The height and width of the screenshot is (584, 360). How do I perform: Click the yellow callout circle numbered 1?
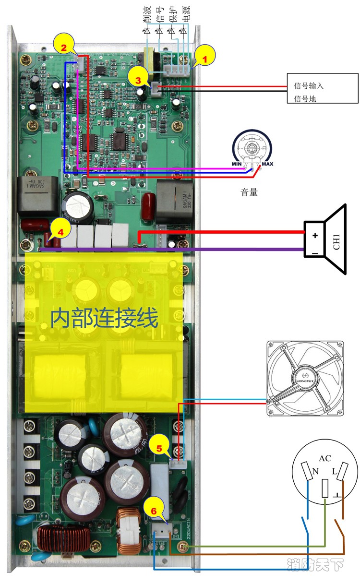204,60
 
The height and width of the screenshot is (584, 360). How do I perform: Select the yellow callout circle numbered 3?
138,80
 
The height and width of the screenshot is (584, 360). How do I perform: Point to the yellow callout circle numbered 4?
60,231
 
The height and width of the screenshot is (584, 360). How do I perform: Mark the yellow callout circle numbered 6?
154,511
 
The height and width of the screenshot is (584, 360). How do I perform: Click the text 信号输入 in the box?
309,86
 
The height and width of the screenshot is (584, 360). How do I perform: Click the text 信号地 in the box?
305,99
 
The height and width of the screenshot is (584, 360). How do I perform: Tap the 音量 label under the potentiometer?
249,192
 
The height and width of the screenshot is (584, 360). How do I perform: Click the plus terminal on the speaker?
315,235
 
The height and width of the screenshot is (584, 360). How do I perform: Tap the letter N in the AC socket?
315,472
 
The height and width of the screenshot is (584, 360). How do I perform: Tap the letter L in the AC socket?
334,472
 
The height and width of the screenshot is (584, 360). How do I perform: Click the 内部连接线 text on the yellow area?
104,318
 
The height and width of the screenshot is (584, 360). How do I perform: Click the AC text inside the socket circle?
325,458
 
